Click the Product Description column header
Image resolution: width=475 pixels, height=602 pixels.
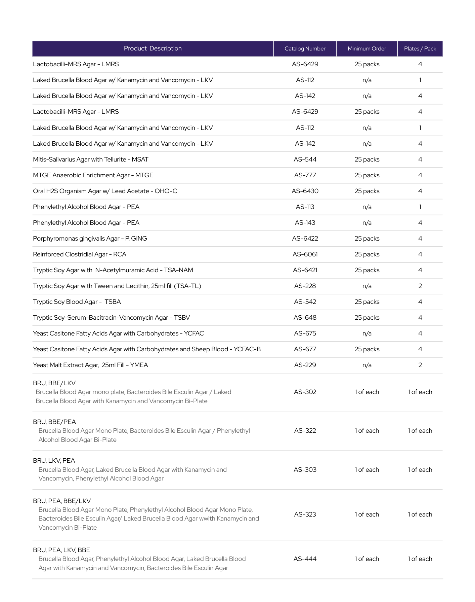click(x=153, y=48)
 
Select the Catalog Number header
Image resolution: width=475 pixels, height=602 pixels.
click(x=305, y=49)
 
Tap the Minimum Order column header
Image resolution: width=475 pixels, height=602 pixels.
click(x=367, y=49)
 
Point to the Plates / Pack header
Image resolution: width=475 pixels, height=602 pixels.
click(x=420, y=49)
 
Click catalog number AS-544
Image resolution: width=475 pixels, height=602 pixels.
click(x=305, y=160)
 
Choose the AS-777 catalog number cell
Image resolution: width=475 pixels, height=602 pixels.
click(x=305, y=175)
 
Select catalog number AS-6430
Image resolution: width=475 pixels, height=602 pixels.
click(x=305, y=191)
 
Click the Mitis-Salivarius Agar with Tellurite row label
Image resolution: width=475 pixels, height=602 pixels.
click(x=90, y=160)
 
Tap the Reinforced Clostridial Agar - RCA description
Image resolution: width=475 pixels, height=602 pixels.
click(x=80, y=254)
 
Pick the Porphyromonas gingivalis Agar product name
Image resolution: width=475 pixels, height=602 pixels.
click(x=90, y=239)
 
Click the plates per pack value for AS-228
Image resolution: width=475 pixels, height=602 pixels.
click(x=420, y=286)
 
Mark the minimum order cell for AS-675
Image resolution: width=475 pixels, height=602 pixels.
click(x=367, y=333)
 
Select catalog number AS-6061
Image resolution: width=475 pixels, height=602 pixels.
click(x=305, y=254)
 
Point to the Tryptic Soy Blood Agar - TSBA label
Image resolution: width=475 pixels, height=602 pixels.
click(x=77, y=302)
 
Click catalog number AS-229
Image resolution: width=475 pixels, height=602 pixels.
click(x=305, y=365)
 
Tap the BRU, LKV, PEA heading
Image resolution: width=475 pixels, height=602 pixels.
click(x=54, y=461)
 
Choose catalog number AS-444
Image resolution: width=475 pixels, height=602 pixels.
click(x=305, y=559)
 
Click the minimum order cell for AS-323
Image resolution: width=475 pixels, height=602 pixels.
click(x=367, y=515)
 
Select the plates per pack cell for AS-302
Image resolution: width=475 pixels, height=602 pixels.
click(x=420, y=392)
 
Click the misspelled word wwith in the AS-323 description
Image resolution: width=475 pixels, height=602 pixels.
click(x=207, y=519)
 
